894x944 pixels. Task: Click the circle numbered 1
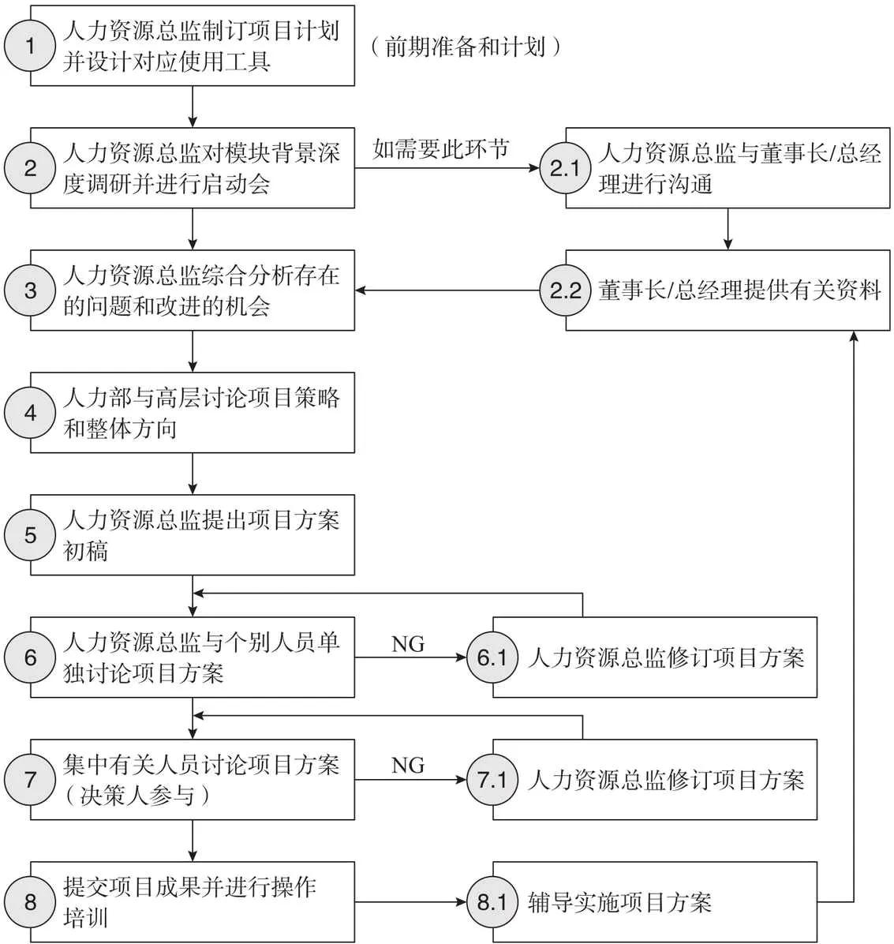tap(30, 46)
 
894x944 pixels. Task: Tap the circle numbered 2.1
tap(565, 168)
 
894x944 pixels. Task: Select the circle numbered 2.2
tap(565, 290)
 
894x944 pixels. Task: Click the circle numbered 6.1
tap(492, 657)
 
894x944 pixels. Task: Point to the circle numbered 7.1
tap(492, 780)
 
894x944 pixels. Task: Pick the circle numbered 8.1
tap(492, 902)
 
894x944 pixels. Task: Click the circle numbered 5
tap(30, 535)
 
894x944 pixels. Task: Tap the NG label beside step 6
tap(408, 645)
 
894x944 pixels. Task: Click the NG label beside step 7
tap(408, 766)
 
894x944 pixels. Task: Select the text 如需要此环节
tap(441, 148)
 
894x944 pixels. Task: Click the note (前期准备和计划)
tap(466, 47)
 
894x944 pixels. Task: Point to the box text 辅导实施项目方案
tap(619, 902)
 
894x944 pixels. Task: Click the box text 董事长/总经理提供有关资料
tap(739, 290)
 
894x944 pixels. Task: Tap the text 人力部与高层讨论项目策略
tap(201, 398)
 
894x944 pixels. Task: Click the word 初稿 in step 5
tap(85, 551)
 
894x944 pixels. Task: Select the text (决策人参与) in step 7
tap(138, 796)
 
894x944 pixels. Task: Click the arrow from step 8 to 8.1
tap(410, 902)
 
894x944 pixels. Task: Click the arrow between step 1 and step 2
tap(193, 107)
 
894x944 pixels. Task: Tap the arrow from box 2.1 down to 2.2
tap(728, 229)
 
